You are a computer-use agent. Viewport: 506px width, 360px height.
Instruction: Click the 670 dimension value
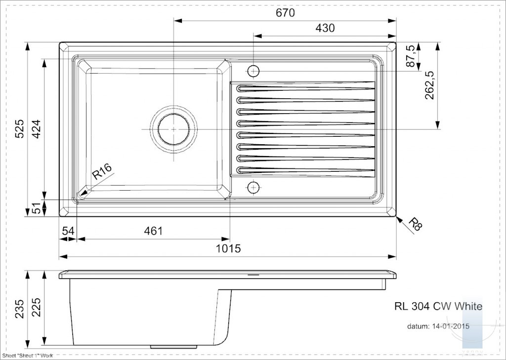pyautogui.click(x=285, y=13)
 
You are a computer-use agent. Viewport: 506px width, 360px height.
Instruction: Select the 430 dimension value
pyautogui.click(x=325, y=28)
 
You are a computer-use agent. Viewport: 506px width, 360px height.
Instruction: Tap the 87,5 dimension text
pyautogui.click(x=411, y=56)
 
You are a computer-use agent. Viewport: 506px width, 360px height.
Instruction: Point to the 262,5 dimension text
pyautogui.click(x=429, y=85)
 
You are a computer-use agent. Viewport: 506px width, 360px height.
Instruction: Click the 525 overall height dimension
pyautogui.click(x=20, y=129)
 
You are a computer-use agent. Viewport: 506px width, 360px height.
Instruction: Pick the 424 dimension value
pyautogui.click(x=37, y=129)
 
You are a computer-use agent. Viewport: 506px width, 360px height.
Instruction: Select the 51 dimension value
pyautogui.click(x=37, y=208)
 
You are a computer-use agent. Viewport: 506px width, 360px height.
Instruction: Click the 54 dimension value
pyautogui.click(x=68, y=231)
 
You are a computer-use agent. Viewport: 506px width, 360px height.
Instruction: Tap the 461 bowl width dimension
pyautogui.click(x=153, y=231)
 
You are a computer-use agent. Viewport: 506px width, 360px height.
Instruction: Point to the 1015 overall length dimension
pyautogui.click(x=228, y=249)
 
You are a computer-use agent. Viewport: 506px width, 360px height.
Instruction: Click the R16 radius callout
pyautogui.click(x=102, y=171)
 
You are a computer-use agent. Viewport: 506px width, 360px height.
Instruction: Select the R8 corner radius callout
pyautogui.click(x=415, y=224)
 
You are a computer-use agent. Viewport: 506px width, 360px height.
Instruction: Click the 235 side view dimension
pyautogui.click(x=20, y=309)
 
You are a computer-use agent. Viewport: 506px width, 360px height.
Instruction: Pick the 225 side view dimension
pyautogui.click(x=37, y=307)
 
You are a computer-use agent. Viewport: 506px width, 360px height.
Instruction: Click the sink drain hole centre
pyautogui.click(x=173, y=129)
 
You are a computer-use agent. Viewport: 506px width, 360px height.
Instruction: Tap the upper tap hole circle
pyautogui.click(x=253, y=71)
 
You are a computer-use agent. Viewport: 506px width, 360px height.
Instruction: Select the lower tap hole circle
pyautogui.click(x=253, y=187)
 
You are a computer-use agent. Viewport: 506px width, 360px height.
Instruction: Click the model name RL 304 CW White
pyautogui.click(x=438, y=306)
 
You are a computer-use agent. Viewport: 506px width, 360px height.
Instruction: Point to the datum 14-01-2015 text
pyautogui.click(x=438, y=326)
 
